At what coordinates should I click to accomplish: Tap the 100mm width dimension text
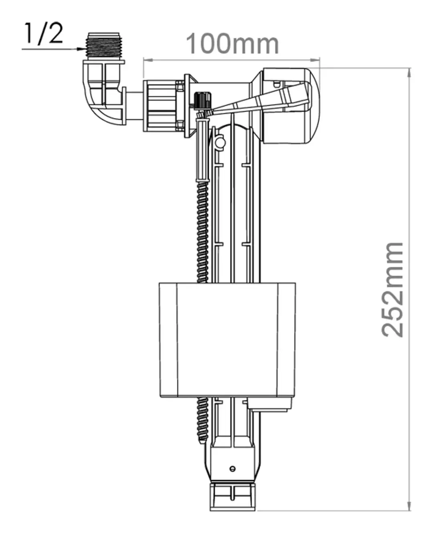pyautogui.click(x=232, y=44)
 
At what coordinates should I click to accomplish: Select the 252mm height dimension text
pyautogui.click(x=392, y=290)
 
